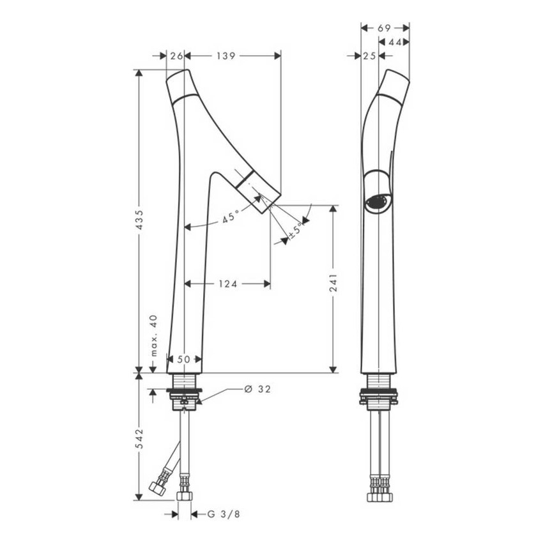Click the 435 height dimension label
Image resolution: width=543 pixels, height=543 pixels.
(x=139, y=220)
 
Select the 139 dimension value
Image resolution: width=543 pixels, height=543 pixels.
(x=226, y=56)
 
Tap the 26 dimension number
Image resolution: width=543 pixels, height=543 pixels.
(x=176, y=56)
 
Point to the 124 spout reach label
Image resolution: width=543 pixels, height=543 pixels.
(x=228, y=284)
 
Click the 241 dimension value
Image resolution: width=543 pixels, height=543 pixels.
(x=333, y=282)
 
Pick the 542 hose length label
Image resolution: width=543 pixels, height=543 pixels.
(x=139, y=438)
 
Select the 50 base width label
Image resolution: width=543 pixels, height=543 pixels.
(x=184, y=359)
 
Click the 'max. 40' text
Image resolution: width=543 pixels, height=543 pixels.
(x=154, y=335)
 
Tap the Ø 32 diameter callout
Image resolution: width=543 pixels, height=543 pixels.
(x=257, y=389)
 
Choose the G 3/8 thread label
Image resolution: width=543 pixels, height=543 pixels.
(x=224, y=514)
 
